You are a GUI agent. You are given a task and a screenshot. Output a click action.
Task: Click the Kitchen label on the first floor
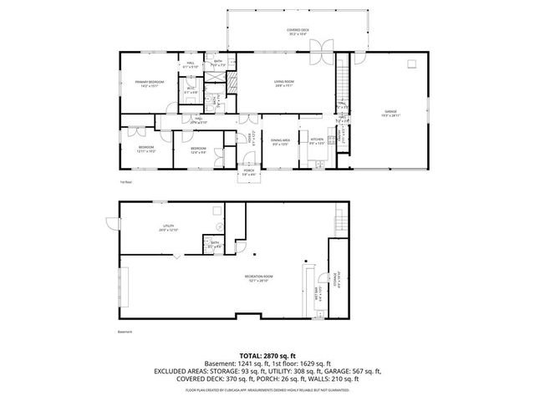(317, 141)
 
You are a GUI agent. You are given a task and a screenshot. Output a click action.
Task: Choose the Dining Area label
(280, 141)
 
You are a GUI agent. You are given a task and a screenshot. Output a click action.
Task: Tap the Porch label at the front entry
(249, 172)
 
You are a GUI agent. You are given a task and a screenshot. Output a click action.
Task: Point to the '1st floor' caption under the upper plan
(125, 180)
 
